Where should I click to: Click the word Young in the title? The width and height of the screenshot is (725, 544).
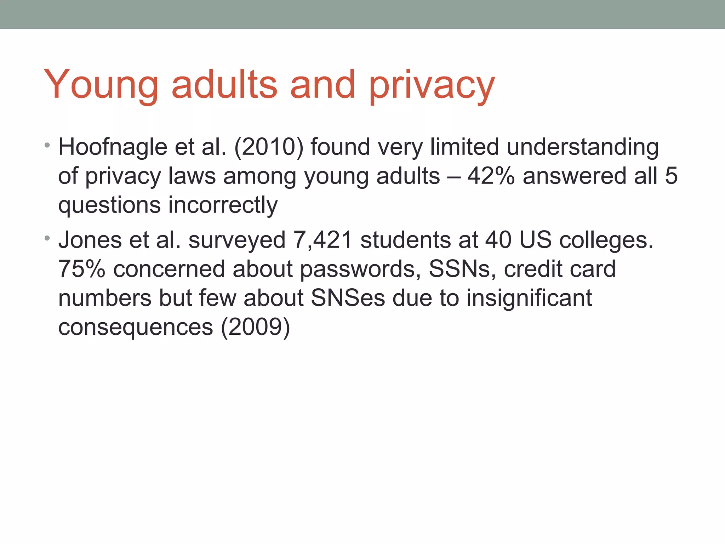tap(101, 85)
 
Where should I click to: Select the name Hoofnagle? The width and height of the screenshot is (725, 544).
tap(113, 147)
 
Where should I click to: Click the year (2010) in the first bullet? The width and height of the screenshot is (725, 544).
tap(269, 147)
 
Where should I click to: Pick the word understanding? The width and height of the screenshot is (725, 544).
tap(583, 147)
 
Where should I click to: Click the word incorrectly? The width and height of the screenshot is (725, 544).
tap(223, 205)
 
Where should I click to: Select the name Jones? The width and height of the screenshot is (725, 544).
tap(90, 240)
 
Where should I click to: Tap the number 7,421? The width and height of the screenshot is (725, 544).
tap(322, 240)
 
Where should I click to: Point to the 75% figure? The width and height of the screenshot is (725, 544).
tap(82, 269)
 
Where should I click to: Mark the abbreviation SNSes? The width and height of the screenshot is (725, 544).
tap(348, 298)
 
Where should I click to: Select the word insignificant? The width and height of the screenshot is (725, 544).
tap(529, 299)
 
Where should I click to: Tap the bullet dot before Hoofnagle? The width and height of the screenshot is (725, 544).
tap(47, 145)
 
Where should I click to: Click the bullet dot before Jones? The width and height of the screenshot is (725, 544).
tap(47, 238)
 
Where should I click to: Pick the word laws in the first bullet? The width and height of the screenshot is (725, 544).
tap(192, 176)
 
